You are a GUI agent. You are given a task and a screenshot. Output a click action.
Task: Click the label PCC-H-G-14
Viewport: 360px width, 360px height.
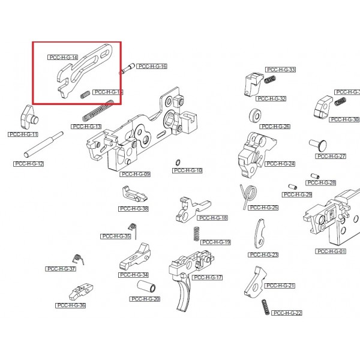(63, 57)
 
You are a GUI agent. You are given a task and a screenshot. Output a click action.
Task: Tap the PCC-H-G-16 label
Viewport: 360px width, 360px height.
(152, 66)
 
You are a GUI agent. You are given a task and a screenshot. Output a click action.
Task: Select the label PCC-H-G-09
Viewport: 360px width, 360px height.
(135, 174)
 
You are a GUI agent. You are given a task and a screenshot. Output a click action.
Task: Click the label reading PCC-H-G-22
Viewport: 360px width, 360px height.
(287, 313)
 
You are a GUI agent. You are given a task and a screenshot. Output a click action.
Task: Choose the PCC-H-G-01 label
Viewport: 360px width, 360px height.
(331, 251)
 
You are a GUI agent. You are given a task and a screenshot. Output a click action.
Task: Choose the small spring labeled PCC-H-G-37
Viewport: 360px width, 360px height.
(77, 258)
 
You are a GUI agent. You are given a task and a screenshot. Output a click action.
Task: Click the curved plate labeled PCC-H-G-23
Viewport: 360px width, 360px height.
(260, 234)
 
